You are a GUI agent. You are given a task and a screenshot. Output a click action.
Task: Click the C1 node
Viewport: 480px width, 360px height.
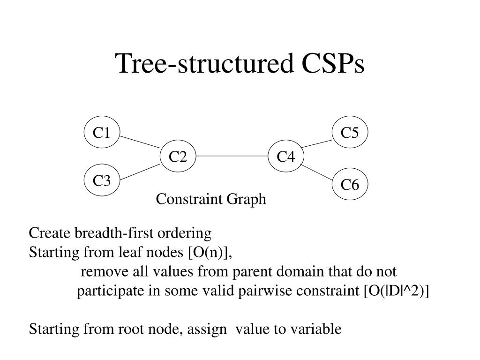[102, 133]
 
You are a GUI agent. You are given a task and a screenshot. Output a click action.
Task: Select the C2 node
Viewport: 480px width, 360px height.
[178, 156]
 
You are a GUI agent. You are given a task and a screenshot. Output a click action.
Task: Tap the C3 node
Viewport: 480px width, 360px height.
[102, 180]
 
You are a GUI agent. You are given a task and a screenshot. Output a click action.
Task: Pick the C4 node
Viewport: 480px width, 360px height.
[285, 156]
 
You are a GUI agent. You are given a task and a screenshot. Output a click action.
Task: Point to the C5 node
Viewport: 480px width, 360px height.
[350, 133]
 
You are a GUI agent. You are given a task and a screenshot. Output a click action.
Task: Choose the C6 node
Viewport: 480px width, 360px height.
[350, 185]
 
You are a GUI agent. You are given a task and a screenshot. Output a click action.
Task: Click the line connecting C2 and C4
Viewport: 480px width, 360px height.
[232, 156]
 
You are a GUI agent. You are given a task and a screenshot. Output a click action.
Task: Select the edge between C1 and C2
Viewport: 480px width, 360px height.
[140, 141]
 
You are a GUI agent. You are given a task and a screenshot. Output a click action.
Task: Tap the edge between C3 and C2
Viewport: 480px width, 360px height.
[140, 172]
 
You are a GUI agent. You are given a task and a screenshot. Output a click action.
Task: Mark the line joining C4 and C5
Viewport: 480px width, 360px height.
[317, 143]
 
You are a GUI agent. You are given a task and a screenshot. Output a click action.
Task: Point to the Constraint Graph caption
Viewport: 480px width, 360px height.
[211, 200]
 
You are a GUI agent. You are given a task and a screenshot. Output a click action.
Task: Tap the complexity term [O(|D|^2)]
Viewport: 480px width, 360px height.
[396, 291]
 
